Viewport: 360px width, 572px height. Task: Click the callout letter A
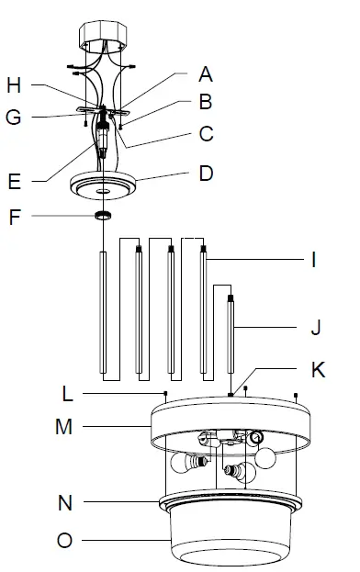point(206,74)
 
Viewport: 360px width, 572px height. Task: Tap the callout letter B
point(206,102)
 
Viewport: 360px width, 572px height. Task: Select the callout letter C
point(206,134)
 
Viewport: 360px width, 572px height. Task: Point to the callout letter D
point(206,174)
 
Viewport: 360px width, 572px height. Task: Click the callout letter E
point(14,181)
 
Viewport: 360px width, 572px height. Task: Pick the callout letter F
point(15,217)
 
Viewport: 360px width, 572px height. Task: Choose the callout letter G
point(14,118)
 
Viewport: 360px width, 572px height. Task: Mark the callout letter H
point(14,85)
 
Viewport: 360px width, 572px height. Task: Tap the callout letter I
point(314,261)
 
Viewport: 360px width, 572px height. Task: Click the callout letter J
point(316,327)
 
